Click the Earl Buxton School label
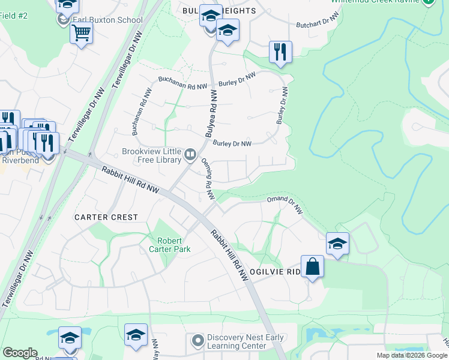107,20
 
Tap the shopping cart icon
81,32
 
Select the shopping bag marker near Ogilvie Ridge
312,267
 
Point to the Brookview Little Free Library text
152,156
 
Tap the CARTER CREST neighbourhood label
106,217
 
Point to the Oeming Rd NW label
208,178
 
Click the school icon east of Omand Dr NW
337,244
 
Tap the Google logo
20,353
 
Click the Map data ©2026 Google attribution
412,355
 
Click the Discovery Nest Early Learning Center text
245,342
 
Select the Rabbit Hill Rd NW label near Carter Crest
130,180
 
